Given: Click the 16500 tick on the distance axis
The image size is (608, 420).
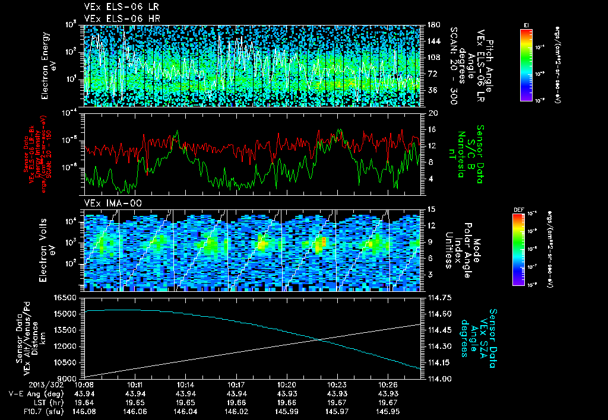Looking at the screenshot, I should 66,297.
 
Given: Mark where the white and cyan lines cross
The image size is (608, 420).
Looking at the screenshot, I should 319,339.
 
